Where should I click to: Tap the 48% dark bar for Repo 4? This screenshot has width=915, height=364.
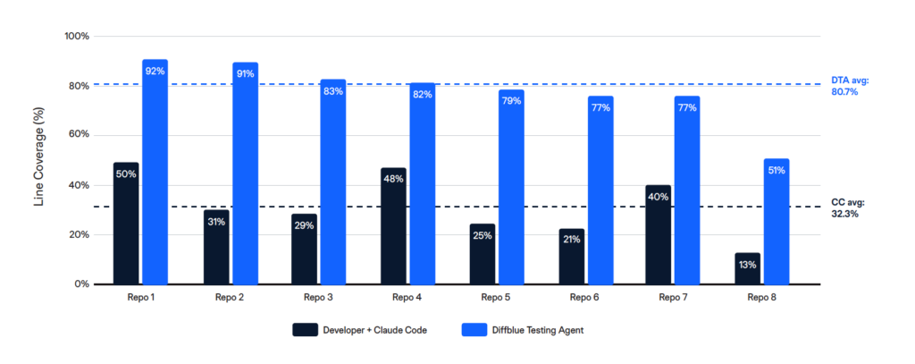point(393,228)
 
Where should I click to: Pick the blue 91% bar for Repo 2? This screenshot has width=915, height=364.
point(245,179)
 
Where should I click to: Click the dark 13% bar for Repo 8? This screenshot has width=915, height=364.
point(748,269)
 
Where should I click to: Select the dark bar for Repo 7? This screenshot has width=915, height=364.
point(659,237)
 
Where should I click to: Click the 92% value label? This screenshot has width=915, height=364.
point(155,71)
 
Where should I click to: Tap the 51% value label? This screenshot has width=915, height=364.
point(776,170)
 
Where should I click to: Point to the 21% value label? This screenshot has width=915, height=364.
point(571,240)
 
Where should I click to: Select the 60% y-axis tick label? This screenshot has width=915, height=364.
point(79,136)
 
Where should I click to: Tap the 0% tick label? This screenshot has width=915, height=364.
point(81,284)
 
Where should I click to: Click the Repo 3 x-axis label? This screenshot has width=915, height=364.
point(318,296)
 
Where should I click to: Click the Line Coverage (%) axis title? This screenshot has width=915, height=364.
point(38,160)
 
